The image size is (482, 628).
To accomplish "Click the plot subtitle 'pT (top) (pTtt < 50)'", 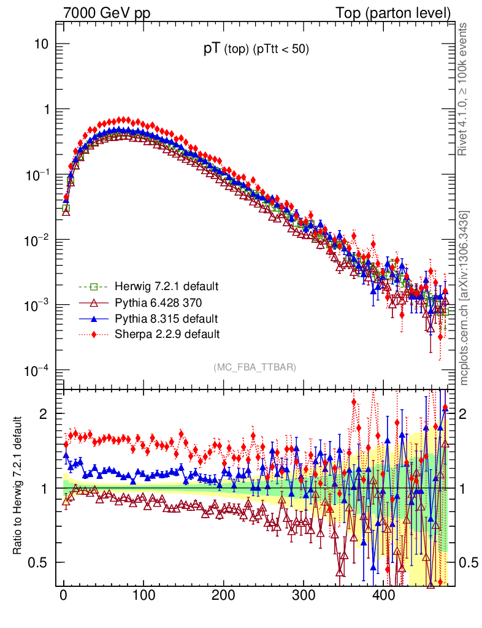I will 256,50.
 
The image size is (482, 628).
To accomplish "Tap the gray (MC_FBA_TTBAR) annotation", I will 255,367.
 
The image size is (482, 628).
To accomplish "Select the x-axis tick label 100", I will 143,596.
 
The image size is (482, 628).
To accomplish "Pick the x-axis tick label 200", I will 223,596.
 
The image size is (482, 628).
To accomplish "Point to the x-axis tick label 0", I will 63,596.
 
